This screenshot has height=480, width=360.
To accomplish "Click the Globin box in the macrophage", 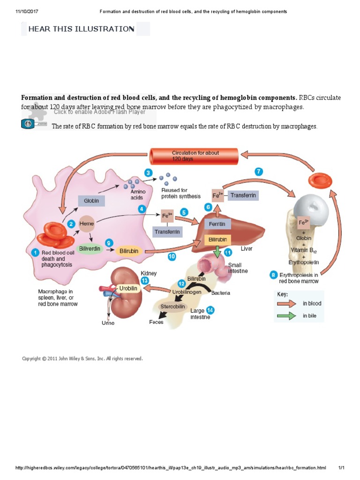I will (91, 201).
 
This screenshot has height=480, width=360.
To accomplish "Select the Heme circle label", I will (87, 224).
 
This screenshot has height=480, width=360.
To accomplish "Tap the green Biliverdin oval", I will (90, 248).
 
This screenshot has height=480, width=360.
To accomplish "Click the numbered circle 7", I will (258, 172).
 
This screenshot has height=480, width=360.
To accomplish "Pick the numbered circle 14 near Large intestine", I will (210, 310).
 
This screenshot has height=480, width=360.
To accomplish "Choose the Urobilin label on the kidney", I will (127, 289).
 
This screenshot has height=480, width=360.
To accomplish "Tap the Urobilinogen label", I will (187, 292).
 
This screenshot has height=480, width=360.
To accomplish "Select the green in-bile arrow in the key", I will (286, 315).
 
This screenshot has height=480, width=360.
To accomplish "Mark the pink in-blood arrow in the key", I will (286, 303).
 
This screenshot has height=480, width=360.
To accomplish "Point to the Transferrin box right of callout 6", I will (243, 195).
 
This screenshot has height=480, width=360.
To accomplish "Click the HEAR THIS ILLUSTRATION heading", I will (81, 29).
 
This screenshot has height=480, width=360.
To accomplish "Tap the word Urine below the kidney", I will (108, 323).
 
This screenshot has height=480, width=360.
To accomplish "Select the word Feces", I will (156, 322).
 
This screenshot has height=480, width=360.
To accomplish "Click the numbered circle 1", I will (35, 253).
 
